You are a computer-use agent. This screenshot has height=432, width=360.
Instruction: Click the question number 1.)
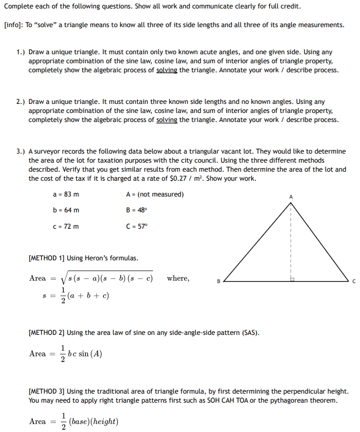(21, 51)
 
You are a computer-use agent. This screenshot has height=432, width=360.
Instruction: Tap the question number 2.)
(21, 102)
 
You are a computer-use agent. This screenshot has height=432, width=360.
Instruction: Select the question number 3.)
(21, 151)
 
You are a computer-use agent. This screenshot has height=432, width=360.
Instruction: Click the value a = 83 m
(65, 194)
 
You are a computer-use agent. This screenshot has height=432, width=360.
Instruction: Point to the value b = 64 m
(65, 210)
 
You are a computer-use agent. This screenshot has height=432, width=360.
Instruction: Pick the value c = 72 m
(65, 226)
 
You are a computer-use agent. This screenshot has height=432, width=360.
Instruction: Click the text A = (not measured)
(155, 194)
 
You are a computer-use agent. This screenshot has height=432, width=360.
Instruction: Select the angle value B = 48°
(137, 210)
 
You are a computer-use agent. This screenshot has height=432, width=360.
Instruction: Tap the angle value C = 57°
(137, 226)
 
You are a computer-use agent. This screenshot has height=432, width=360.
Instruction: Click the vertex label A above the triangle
(291, 196)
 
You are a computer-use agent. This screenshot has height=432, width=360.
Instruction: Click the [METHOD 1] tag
(46, 258)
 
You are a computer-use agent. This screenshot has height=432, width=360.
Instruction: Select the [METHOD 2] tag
(46, 333)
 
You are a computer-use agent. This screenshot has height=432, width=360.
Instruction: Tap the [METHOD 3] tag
(46, 391)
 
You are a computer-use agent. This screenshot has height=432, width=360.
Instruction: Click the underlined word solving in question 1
(166, 70)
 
